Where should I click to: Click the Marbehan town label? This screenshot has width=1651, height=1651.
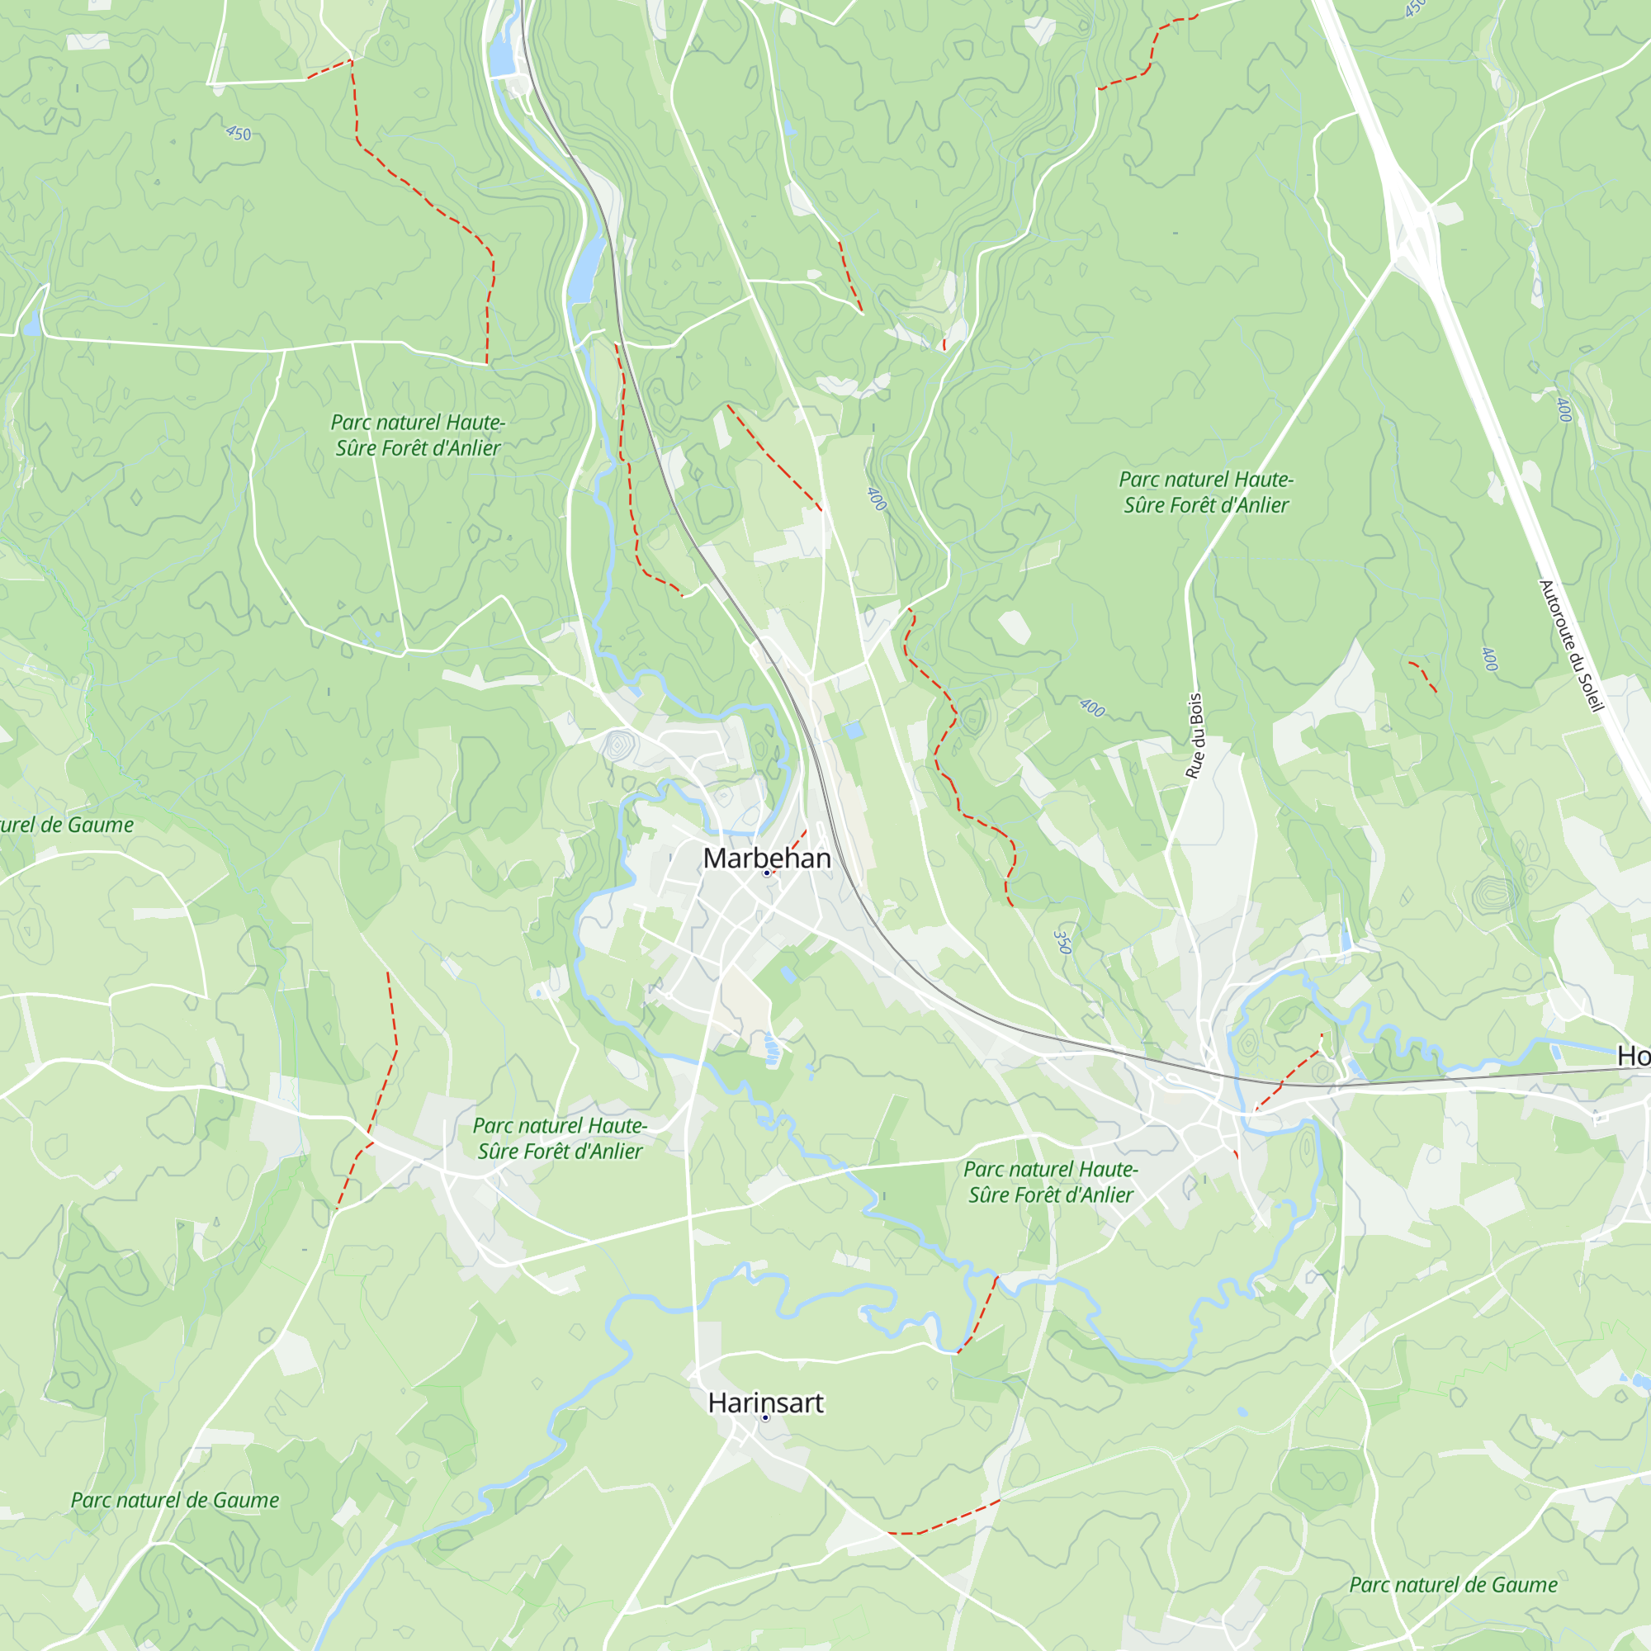767,858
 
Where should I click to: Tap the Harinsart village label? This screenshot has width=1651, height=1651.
766,1403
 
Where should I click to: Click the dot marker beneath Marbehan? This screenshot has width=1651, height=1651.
767,873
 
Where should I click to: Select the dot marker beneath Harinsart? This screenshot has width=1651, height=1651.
765,1417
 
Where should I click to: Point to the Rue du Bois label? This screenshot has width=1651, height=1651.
1194,736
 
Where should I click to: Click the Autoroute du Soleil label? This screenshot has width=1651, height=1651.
1571,646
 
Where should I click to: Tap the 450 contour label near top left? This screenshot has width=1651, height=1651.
239,133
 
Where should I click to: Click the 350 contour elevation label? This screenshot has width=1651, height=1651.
1062,942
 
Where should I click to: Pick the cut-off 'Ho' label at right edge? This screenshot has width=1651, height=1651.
1632,1057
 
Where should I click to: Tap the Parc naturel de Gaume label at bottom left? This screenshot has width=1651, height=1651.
174,1500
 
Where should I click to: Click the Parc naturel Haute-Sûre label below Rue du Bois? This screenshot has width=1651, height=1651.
1050,1182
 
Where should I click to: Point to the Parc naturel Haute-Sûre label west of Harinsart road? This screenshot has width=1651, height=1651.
560,1138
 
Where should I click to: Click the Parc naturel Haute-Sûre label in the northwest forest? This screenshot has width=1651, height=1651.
418,435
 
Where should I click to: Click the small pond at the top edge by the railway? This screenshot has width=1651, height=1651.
501,56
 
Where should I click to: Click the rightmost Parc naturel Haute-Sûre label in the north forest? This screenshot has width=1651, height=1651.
1206,492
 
